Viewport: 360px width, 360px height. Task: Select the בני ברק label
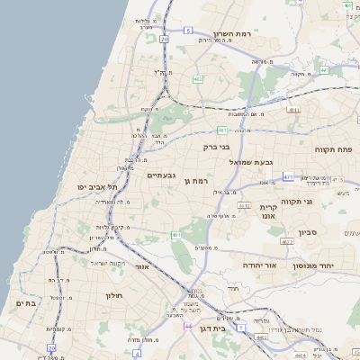[238, 146]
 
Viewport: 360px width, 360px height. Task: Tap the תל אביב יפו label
[98, 186]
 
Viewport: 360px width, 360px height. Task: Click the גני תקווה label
[320, 202]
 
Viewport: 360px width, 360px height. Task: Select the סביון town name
[309, 233]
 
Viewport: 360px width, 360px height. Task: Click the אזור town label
[140, 267]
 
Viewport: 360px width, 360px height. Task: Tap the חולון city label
[113, 294]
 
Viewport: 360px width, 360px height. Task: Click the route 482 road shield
[197, 79]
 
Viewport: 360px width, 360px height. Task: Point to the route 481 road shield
[221, 130]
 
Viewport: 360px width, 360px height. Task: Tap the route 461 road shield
[175, 235]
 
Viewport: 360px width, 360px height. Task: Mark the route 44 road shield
[188, 326]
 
